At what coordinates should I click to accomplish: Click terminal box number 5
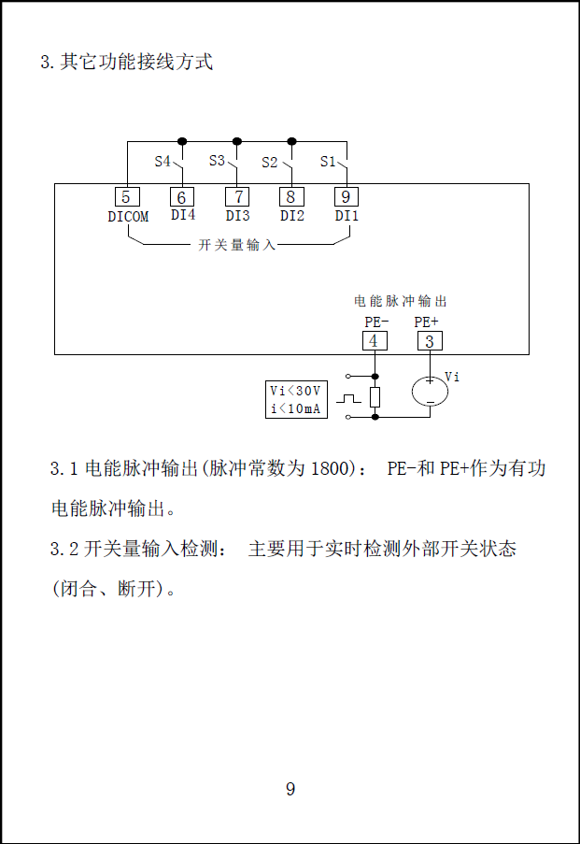coord(126,197)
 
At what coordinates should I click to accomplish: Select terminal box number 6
coord(182,197)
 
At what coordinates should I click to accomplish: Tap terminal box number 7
coord(237,197)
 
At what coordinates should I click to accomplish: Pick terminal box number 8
coord(291,197)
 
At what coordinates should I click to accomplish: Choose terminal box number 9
coord(347,197)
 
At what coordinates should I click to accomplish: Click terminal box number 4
coord(375,341)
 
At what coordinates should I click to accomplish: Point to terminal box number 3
coord(430,341)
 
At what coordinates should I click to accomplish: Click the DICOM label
coord(128,217)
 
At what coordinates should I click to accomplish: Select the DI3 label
coord(237,216)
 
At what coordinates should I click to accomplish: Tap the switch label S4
coord(163,162)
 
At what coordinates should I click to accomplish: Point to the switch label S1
coord(328,162)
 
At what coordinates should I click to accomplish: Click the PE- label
coord(377,322)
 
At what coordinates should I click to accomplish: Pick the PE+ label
coord(427,322)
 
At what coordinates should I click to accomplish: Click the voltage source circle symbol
coord(431,392)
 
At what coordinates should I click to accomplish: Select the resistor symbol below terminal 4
coord(375,396)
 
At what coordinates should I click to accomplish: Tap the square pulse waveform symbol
coord(348,398)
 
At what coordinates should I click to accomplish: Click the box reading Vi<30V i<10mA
coord(297,399)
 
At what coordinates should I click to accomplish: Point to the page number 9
coord(290,789)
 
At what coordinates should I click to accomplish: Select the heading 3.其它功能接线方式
coord(127,63)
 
